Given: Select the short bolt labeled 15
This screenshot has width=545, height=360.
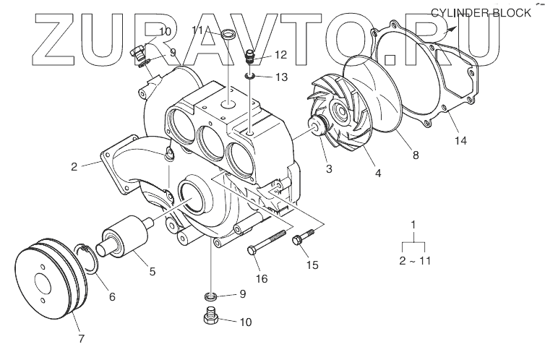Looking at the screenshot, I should click(303, 236).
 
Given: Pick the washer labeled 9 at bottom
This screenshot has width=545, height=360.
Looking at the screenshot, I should click(210, 296).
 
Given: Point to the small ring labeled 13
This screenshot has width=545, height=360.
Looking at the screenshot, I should click(249, 76).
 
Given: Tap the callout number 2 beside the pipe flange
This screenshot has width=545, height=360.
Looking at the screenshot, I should click(74, 166).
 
